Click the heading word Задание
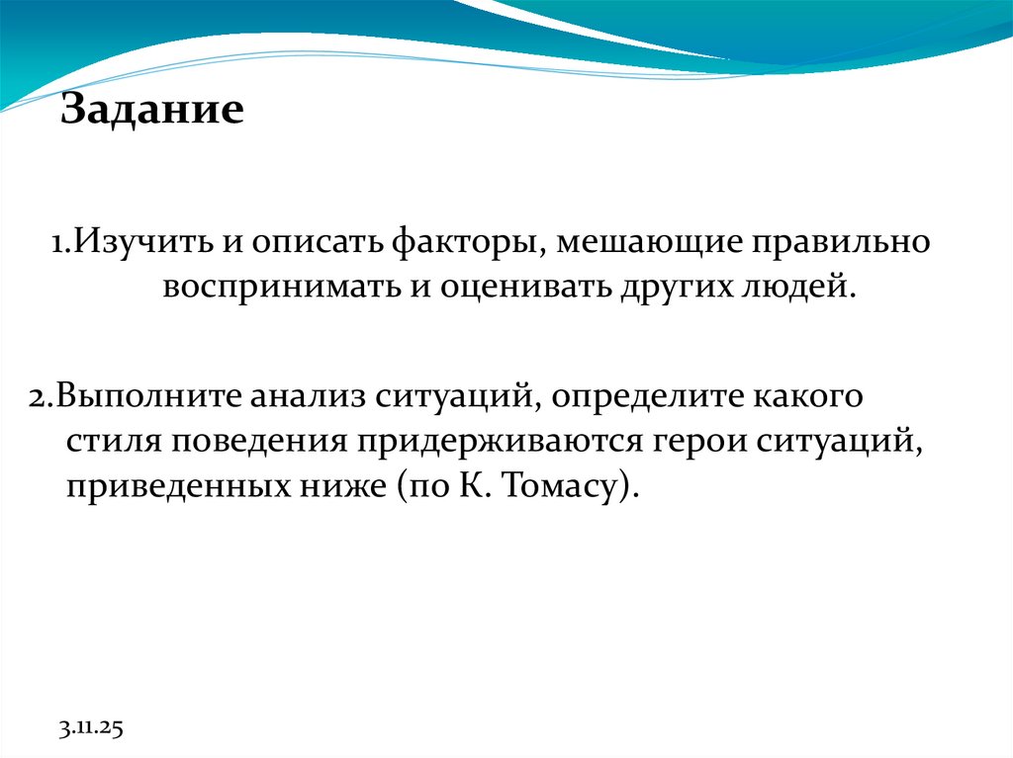coord(152,109)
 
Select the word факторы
coord(464,242)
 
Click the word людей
coord(799,288)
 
